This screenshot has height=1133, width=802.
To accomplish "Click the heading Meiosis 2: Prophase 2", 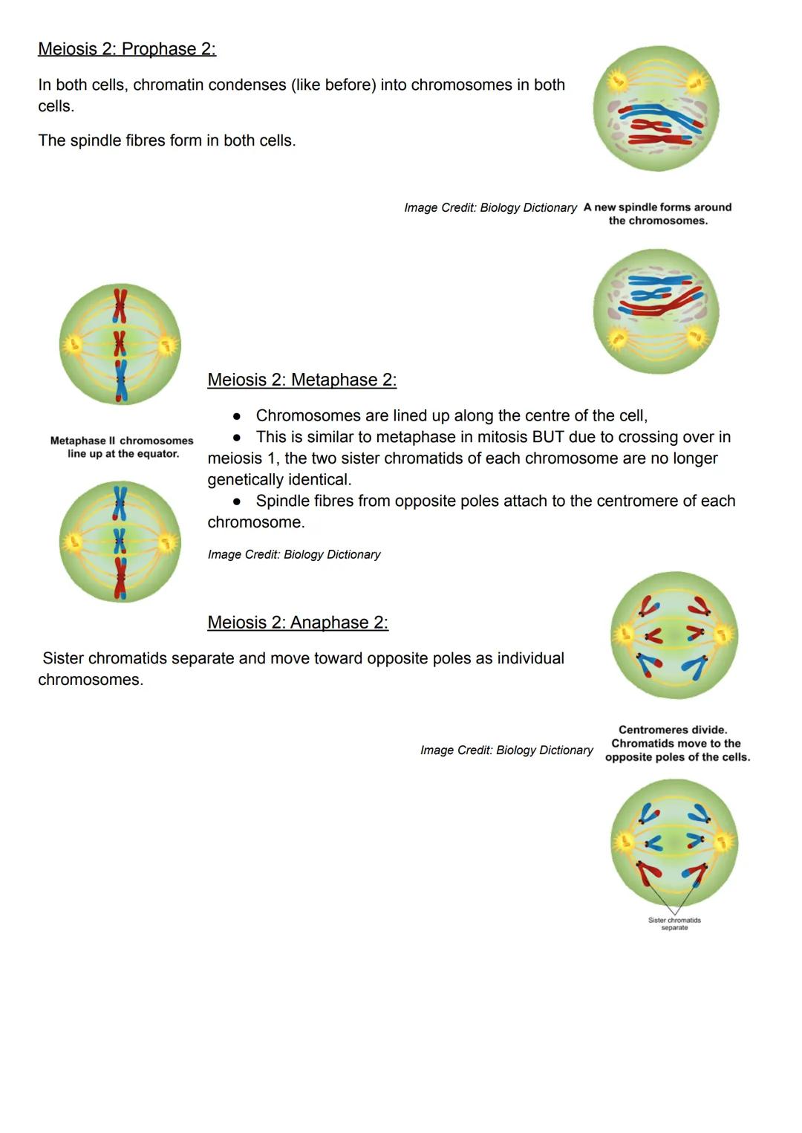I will click(127, 49).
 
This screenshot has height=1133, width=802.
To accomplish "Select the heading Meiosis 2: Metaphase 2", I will click(301, 380).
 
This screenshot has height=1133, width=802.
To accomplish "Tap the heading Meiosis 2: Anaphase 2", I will click(298, 623).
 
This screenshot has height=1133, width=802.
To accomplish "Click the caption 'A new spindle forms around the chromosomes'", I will click(658, 214).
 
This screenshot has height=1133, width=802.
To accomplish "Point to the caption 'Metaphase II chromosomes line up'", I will click(122, 447).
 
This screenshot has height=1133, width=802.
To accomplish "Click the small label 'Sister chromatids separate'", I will click(674, 923).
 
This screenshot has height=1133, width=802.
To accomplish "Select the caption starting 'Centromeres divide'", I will click(677, 743).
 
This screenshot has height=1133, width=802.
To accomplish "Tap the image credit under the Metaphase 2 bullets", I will click(294, 554).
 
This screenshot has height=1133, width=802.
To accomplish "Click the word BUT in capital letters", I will click(548, 437).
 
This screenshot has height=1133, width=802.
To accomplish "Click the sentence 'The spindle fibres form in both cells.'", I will click(167, 140).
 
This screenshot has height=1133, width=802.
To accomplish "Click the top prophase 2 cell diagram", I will click(656, 108).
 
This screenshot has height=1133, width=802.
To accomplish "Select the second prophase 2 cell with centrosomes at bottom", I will click(656, 311).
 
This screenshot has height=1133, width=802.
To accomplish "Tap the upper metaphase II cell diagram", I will click(120, 344).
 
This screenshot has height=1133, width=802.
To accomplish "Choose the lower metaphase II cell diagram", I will click(120, 542).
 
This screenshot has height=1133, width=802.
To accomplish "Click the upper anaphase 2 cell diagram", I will click(674, 635).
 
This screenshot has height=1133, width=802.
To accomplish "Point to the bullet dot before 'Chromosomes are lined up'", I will click(237, 416).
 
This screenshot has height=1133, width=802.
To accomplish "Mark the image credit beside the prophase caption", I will click(490, 208).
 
